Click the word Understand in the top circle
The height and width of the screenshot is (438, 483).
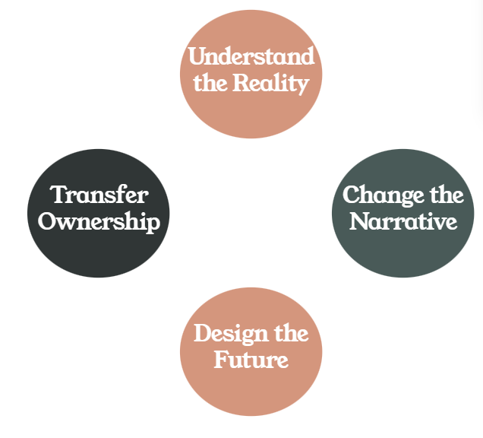[251, 57]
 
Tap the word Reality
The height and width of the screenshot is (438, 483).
[270, 83]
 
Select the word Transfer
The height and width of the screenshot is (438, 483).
[99, 195]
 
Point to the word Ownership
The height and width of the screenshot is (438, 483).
[99, 221]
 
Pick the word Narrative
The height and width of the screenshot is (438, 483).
[403, 221]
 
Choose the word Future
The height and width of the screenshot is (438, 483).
[251, 359]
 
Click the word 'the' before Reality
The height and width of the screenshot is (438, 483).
[210, 83]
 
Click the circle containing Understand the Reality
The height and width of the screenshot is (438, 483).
[251, 114]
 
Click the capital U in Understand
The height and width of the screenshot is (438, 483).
[197, 57]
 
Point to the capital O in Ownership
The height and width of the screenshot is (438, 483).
[49, 221]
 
